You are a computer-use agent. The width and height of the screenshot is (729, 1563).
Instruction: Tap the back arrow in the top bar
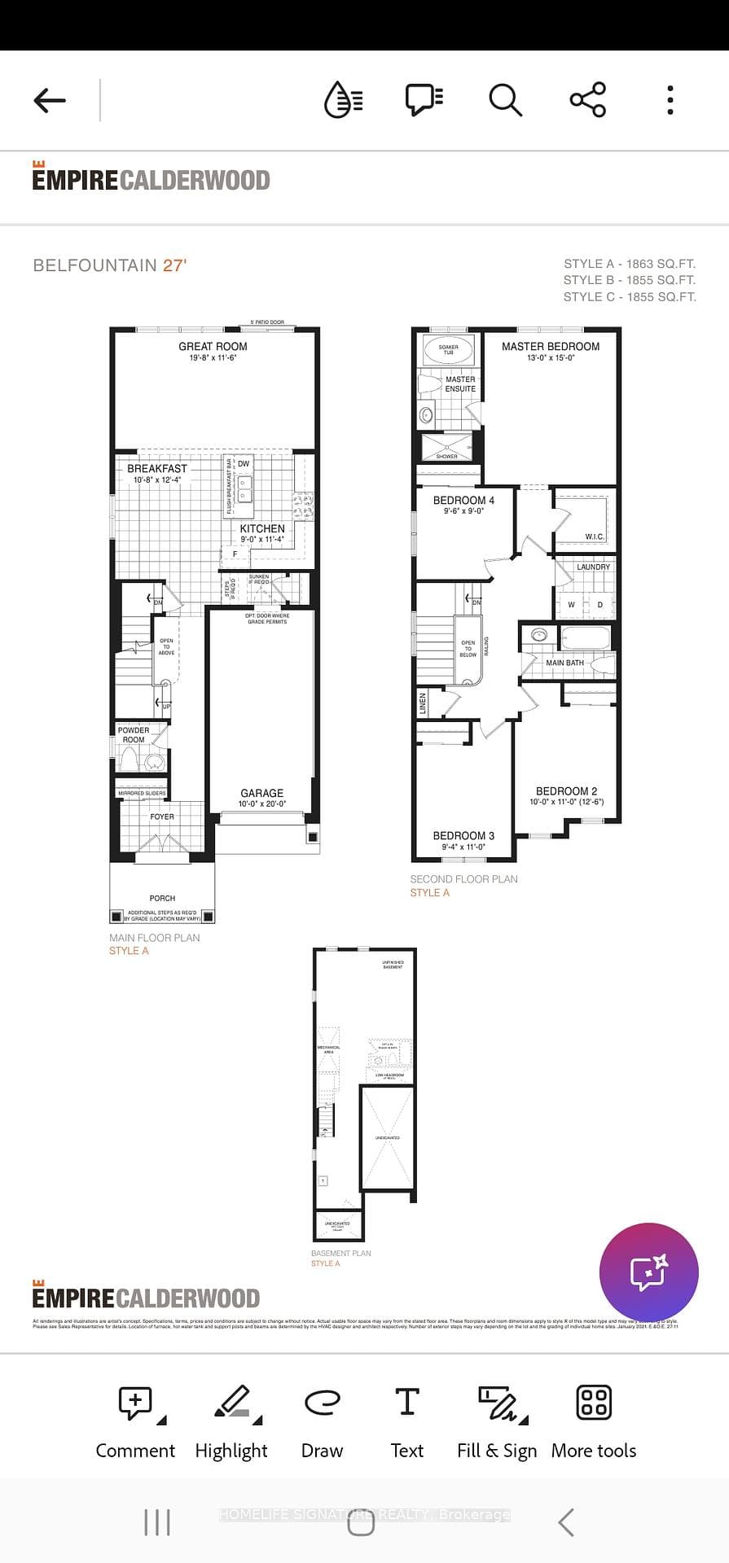tap(50, 100)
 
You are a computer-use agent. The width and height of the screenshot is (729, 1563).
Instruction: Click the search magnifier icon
tap(505, 100)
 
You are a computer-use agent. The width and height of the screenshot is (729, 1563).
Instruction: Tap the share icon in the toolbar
tap(587, 100)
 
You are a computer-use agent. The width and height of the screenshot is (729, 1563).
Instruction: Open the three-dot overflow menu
tap(670, 100)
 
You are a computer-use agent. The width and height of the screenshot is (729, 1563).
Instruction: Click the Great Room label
tap(213, 347)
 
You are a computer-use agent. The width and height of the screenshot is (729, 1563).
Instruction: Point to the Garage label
tap(261, 793)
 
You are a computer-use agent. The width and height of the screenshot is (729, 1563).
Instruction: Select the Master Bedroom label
tap(551, 347)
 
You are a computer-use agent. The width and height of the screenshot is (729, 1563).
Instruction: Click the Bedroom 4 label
tap(463, 501)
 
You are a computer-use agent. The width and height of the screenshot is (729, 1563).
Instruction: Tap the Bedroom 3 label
tap(463, 836)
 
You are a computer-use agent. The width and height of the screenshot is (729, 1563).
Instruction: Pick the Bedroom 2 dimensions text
tap(566, 802)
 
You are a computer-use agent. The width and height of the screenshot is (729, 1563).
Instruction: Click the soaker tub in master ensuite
tap(448, 350)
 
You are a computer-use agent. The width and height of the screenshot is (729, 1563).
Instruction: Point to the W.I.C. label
tap(594, 536)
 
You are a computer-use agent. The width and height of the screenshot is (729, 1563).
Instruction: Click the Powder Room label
tap(134, 735)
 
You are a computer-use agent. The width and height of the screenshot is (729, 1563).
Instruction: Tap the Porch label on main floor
tap(162, 898)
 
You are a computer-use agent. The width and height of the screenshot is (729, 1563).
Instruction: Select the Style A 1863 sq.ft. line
tap(629, 264)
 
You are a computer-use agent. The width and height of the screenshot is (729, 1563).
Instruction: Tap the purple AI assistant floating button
tap(648, 1272)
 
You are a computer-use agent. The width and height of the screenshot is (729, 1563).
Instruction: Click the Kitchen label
tap(262, 529)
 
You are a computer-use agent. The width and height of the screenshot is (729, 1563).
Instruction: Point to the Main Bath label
tap(564, 663)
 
